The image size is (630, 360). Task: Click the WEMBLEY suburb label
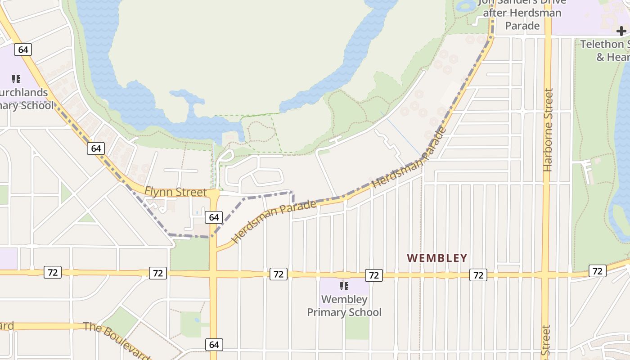tap(437, 258)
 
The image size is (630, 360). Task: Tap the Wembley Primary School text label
tap(344, 306)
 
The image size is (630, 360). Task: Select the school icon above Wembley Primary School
tap(344, 286)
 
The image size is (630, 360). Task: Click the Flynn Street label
tap(175, 192)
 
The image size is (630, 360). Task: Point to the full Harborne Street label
tap(548, 130)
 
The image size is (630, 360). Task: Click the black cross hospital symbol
tap(621, 31)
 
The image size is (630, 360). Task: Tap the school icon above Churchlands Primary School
tap(16, 80)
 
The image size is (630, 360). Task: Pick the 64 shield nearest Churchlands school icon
tap(23, 49)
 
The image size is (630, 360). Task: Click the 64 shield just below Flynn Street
tap(214, 217)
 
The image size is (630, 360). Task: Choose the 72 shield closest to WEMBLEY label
tap(478, 275)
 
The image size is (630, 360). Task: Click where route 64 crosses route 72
tap(213, 274)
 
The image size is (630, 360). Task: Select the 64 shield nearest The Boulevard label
tap(214, 345)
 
